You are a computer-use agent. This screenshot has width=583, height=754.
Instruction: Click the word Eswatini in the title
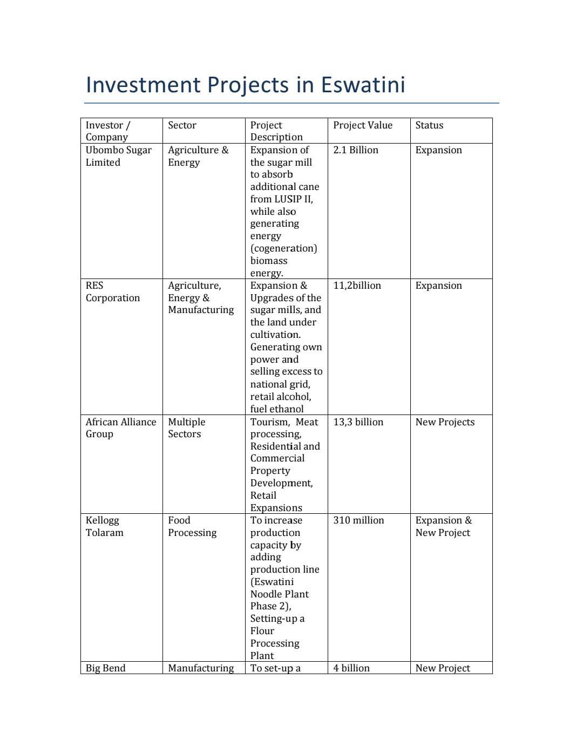(363, 85)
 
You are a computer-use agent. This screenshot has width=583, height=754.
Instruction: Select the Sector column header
(182, 125)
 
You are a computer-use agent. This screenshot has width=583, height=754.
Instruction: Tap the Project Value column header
(363, 125)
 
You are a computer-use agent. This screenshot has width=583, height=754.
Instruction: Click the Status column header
(429, 125)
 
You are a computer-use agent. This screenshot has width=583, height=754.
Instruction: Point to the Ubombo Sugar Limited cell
(119, 156)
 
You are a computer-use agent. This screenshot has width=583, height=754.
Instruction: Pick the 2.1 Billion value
(356, 150)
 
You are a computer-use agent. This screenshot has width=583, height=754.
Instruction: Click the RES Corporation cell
(112, 291)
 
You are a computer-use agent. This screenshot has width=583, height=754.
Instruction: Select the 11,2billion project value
(357, 286)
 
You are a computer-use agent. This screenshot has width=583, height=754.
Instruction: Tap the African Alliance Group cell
(121, 428)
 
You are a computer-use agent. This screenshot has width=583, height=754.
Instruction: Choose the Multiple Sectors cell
(186, 428)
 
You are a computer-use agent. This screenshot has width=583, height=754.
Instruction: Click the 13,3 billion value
(358, 422)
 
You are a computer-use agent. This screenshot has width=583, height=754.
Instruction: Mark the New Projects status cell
(445, 422)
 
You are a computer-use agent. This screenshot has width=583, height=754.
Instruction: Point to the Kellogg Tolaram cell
(104, 526)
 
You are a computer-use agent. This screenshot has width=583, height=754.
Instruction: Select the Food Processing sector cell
(192, 526)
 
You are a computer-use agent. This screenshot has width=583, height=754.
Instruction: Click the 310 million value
(358, 520)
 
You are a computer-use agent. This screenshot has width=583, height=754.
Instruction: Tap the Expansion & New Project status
(443, 526)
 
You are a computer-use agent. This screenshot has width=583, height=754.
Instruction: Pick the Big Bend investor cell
(105, 668)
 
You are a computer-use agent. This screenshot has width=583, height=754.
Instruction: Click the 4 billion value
(351, 668)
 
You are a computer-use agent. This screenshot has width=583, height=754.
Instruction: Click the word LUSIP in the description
(288, 199)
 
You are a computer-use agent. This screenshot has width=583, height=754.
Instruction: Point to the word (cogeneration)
(283, 248)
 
